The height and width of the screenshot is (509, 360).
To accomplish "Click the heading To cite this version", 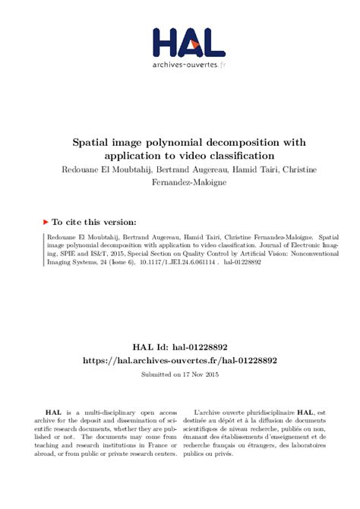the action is [94, 223].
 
